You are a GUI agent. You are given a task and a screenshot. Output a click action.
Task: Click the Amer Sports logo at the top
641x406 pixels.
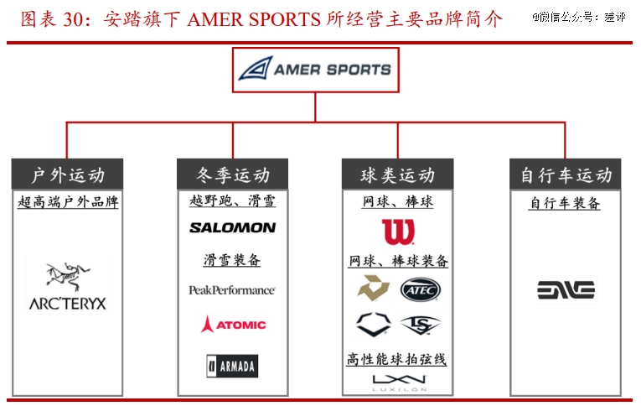[x=315, y=69]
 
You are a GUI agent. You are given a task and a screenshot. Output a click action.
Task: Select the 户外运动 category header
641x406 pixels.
[x=67, y=175]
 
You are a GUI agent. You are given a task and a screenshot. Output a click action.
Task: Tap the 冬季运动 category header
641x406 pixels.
[x=232, y=175]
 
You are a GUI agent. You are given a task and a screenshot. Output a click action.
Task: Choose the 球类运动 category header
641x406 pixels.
[x=397, y=175]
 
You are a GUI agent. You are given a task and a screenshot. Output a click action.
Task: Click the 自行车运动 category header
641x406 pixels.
[x=566, y=175]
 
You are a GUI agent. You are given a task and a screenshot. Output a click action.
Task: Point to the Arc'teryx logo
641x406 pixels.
[x=67, y=286]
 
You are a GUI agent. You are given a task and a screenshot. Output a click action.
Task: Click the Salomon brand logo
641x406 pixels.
[x=232, y=227]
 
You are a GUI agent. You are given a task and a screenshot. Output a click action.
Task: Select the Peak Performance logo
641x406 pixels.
[x=232, y=290]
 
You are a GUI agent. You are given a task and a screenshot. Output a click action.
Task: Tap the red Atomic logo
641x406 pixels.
[x=232, y=325]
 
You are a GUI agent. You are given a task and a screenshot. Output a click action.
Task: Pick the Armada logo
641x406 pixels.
[x=232, y=366]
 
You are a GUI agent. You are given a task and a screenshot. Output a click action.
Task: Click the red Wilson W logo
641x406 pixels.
[x=397, y=232]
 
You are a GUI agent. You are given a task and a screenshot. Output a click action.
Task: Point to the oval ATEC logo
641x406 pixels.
[x=420, y=290]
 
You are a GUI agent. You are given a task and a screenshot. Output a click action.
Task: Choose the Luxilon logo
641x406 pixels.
[x=397, y=383]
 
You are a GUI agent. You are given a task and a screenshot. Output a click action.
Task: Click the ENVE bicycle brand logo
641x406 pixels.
[x=566, y=290]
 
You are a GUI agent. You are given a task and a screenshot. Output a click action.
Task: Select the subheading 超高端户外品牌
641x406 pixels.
[x=67, y=202]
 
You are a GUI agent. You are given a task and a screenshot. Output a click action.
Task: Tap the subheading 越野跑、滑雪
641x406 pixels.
[x=232, y=201]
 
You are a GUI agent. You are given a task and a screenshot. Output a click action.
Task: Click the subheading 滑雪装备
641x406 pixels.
[x=232, y=260]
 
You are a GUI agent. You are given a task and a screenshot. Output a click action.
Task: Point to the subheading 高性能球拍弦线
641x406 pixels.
[x=397, y=359]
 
